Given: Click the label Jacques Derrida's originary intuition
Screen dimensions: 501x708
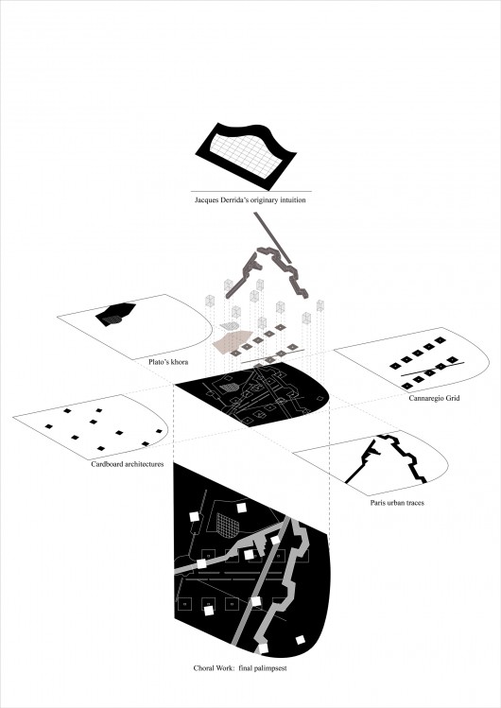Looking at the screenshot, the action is [250, 199].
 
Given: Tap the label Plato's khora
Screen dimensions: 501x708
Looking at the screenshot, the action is [168, 362].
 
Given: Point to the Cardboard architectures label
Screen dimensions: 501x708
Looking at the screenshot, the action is [128, 464].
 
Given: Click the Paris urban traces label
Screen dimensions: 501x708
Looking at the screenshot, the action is [397, 503].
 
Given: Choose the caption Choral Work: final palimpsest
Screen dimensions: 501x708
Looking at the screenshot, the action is [240, 668].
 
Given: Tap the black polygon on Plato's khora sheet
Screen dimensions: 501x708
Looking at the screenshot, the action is [115, 313].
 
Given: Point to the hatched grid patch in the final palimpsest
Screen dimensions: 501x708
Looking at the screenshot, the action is [227, 526].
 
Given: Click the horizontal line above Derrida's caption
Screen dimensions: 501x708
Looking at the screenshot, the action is [250, 192].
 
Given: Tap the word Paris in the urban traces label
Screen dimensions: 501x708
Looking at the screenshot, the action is [377, 503].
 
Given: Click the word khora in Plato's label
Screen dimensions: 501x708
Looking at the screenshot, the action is [180, 362].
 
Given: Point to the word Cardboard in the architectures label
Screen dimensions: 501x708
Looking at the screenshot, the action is [107, 464].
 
